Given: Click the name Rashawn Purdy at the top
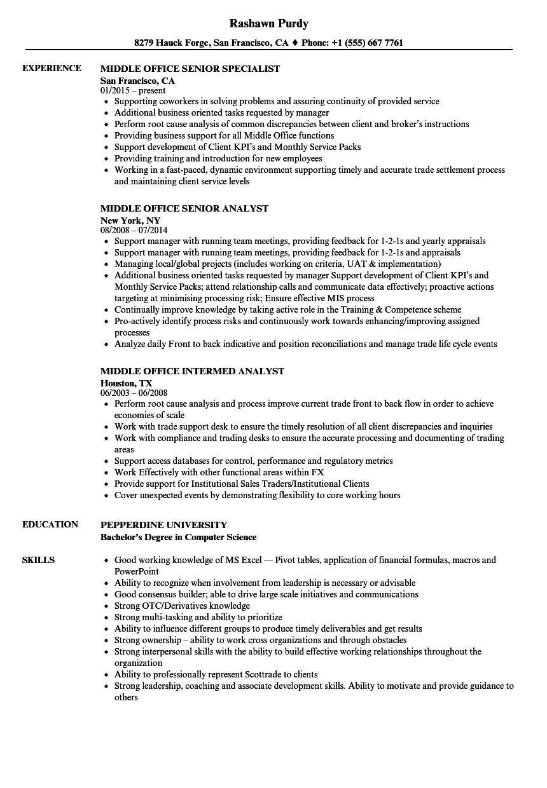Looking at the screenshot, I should [x=269, y=24].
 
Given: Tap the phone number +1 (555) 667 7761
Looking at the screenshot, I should [x=366, y=43].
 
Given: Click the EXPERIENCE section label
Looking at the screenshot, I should [x=52, y=69].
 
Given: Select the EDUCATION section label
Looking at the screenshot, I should [x=50, y=525].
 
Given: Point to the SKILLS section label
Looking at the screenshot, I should [x=38, y=560].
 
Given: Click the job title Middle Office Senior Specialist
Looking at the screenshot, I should [x=190, y=69].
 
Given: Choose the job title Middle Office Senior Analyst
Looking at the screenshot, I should [x=184, y=208].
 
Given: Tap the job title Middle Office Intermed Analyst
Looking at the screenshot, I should [x=192, y=371].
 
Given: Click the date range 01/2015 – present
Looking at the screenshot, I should [x=134, y=91].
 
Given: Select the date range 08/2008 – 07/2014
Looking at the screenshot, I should [x=134, y=231].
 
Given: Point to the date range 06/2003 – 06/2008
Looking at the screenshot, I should [x=134, y=393].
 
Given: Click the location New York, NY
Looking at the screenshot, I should [x=130, y=221].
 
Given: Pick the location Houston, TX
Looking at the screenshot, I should [x=127, y=383].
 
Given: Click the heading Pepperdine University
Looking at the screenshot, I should [x=163, y=525].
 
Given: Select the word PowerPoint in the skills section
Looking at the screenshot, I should [x=136, y=571].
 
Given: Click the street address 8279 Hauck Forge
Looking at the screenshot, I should [x=171, y=43].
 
